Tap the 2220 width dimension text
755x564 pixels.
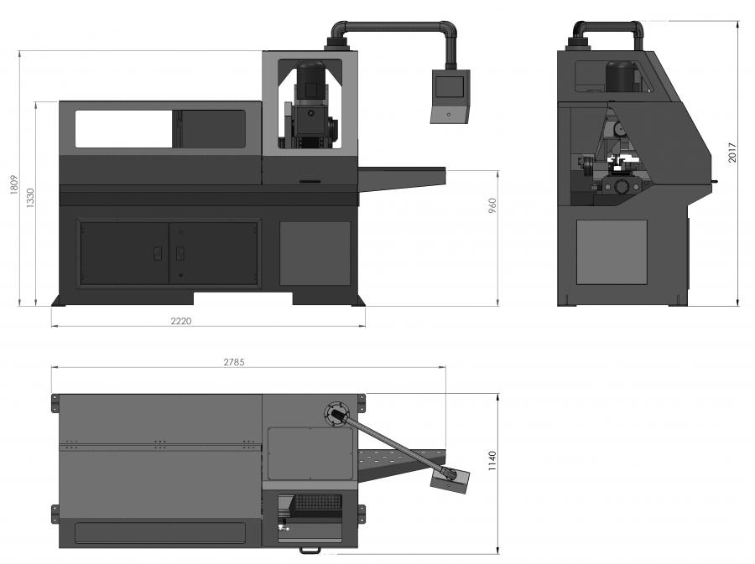pyautogui.click(x=182, y=321)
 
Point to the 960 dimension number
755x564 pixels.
pyautogui.click(x=492, y=206)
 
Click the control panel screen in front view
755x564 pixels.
pyautogui.click(x=450, y=86)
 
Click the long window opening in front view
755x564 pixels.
pyautogui.click(x=124, y=129)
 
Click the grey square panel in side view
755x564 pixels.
pyautogui.click(x=612, y=251)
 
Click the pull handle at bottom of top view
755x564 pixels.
pyautogui.click(x=310, y=551)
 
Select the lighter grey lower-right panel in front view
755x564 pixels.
pyautogui.click(x=315, y=253)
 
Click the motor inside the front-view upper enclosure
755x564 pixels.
pyautogui.click(x=310, y=83)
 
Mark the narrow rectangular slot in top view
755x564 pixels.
pyautogui.click(x=159, y=533)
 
